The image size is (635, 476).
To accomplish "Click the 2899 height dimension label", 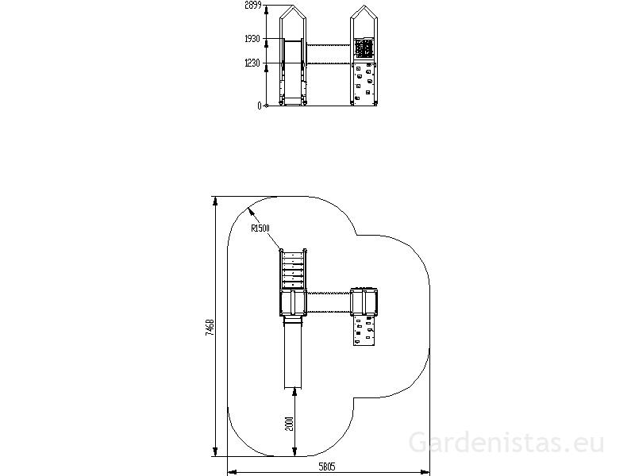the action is [253, 6].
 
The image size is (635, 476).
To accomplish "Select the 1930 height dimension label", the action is [252, 39].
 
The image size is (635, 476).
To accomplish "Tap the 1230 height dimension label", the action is [252, 63].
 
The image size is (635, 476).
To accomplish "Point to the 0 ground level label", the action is [260, 106].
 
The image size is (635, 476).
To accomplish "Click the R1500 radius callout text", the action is [260, 228].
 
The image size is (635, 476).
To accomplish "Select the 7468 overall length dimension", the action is [210, 327].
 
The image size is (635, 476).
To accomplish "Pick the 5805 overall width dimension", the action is [327, 467].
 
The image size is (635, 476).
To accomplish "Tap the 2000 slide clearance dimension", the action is [289, 424].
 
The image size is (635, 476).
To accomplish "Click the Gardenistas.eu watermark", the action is [506, 443].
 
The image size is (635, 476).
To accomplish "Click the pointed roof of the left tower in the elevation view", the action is [293, 12].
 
